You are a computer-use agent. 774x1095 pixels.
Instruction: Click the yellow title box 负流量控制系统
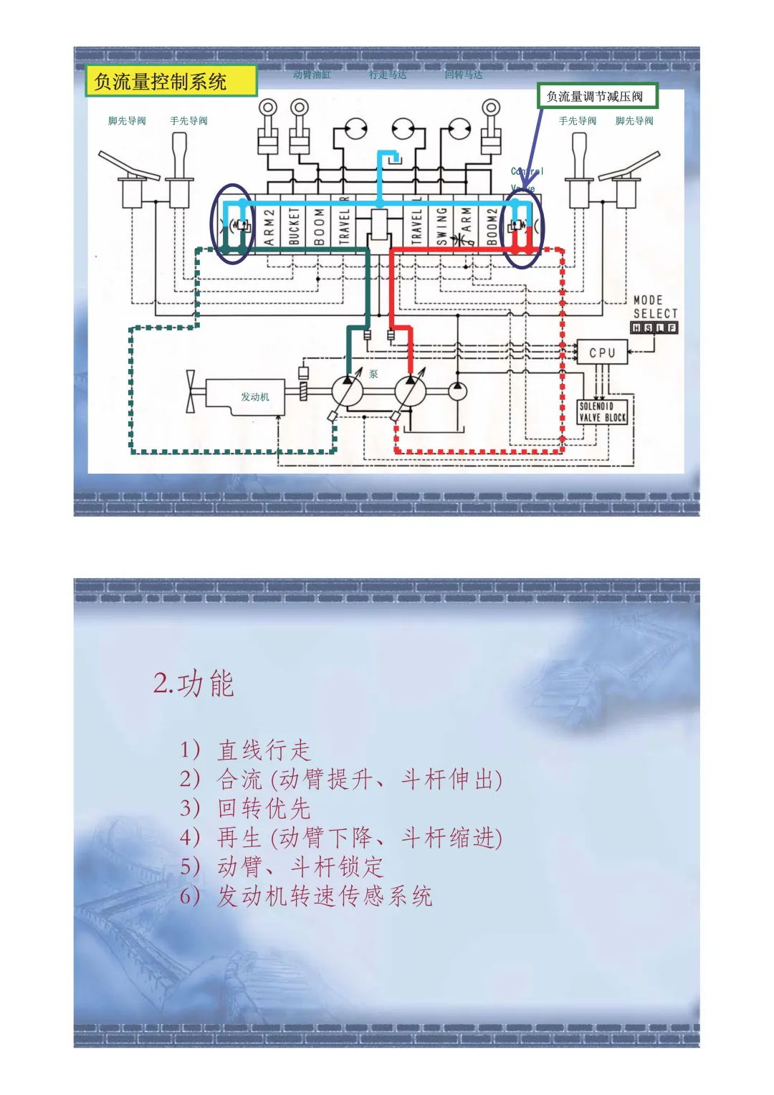(x=171, y=81)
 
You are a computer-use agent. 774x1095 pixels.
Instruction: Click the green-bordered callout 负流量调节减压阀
(x=596, y=96)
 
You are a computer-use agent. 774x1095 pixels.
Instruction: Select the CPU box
(x=602, y=353)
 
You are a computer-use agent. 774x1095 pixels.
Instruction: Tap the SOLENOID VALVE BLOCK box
(x=603, y=411)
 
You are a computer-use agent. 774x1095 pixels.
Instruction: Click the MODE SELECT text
(x=654, y=307)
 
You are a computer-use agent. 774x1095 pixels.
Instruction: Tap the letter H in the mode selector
(x=636, y=327)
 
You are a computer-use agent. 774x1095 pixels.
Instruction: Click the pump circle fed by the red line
(x=410, y=391)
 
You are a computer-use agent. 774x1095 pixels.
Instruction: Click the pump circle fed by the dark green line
(x=348, y=391)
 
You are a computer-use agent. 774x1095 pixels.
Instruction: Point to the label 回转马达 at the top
(x=463, y=75)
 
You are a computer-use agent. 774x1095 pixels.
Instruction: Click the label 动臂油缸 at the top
(x=312, y=75)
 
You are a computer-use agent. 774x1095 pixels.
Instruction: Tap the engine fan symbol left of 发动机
(x=191, y=391)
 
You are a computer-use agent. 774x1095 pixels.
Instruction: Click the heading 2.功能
(x=193, y=683)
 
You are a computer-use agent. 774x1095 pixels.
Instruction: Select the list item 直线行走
(x=264, y=750)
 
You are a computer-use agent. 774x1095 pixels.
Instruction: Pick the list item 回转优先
(x=264, y=808)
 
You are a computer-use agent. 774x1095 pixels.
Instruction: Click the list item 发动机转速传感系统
(x=325, y=896)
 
